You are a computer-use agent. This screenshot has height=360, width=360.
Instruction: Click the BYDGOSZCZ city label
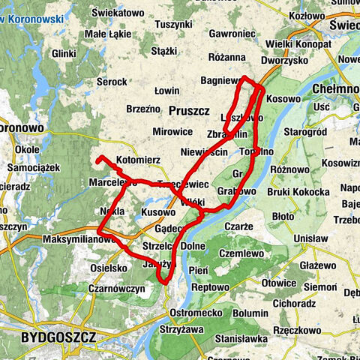[58, 337]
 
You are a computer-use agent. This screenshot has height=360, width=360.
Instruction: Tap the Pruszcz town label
[190, 110]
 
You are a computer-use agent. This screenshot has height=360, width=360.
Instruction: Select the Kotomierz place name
[139, 160]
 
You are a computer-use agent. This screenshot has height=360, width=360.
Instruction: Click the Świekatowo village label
[118, 13]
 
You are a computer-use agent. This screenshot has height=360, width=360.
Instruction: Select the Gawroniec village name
[232, 34]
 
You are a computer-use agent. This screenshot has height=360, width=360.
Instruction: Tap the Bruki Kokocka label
[298, 192]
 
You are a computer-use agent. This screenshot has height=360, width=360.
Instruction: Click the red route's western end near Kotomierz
[98, 157]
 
